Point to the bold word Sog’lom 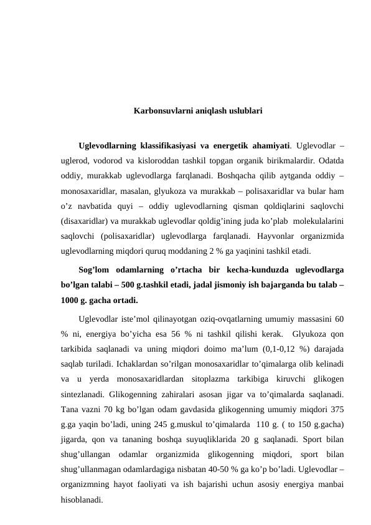(93, 269)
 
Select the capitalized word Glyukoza (308, 333)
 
